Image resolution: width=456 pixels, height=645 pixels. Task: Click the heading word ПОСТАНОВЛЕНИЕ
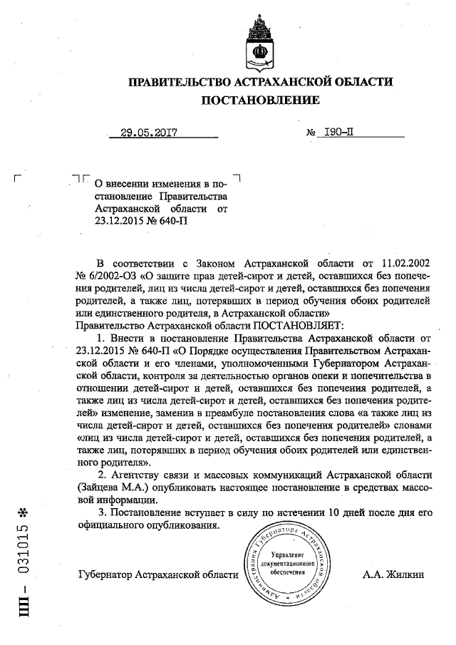coord(260,100)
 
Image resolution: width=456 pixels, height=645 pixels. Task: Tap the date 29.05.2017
coord(148,133)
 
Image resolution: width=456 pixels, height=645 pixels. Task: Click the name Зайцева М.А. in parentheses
coord(110,487)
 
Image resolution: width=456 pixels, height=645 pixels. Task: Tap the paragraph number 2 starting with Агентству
coord(101,475)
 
